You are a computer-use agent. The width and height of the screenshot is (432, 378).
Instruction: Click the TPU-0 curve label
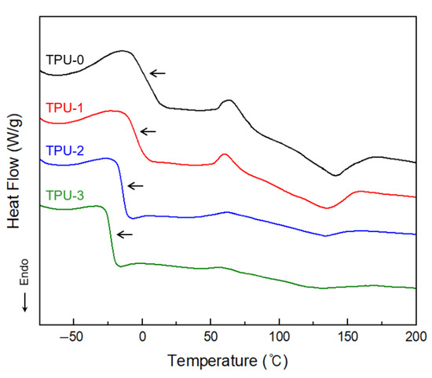click(64, 59)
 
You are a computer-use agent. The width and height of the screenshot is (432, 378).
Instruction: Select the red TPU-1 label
click(64, 106)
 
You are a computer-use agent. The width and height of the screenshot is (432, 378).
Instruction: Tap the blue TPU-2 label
click(64, 149)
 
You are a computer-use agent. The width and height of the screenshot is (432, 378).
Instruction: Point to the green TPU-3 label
click(64, 194)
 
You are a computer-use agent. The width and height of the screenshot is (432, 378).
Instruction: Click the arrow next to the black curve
click(158, 73)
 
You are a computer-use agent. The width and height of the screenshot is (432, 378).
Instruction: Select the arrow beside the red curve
click(148, 131)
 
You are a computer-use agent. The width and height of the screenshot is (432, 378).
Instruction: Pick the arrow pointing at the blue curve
click(136, 185)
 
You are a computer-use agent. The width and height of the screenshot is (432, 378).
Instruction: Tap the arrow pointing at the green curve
click(124, 234)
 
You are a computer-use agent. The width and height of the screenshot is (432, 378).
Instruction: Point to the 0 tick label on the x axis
click(142, 336)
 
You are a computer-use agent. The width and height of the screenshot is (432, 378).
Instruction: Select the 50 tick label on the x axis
click(211, 336)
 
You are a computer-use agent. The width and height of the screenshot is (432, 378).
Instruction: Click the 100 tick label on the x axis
click(279, 336)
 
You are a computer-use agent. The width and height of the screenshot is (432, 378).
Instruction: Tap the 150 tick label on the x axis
click(347, 336)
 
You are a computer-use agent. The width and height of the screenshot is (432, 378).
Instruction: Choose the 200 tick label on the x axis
click(413, 336)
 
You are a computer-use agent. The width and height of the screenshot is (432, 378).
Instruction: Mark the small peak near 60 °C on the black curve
click(229, 101)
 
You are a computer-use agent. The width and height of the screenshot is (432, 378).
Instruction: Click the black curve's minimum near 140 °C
click(336, 175)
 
